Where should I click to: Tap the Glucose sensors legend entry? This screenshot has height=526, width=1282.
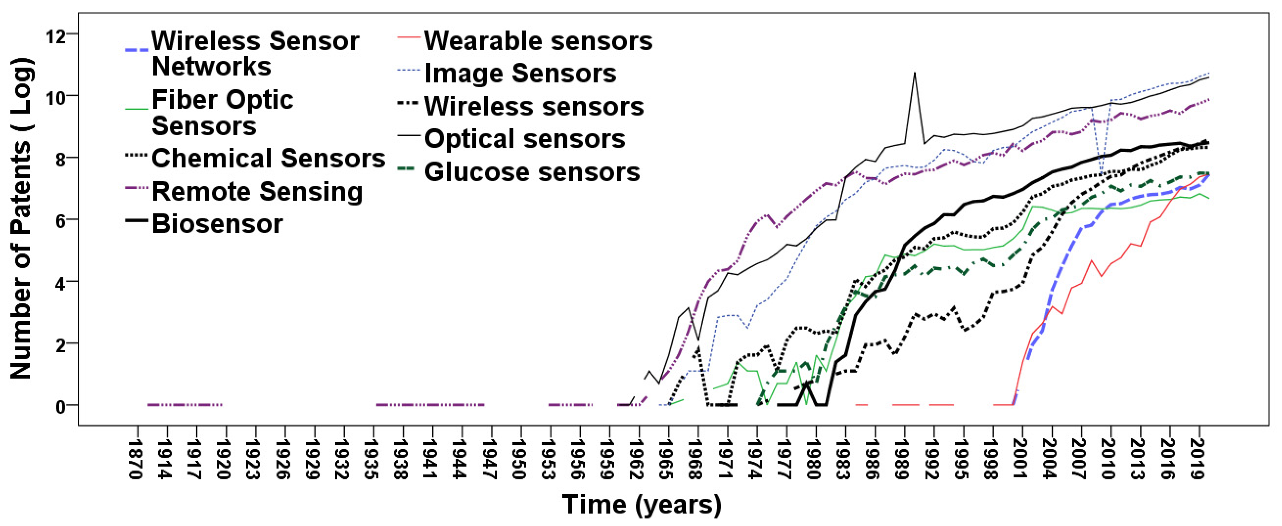(532, 172)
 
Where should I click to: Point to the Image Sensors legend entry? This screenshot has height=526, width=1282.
(520, 74)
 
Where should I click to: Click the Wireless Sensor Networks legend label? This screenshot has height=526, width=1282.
(255, 54)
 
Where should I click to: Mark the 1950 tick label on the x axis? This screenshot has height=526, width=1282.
(520, 459)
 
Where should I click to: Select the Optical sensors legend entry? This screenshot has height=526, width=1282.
(525, 139)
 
